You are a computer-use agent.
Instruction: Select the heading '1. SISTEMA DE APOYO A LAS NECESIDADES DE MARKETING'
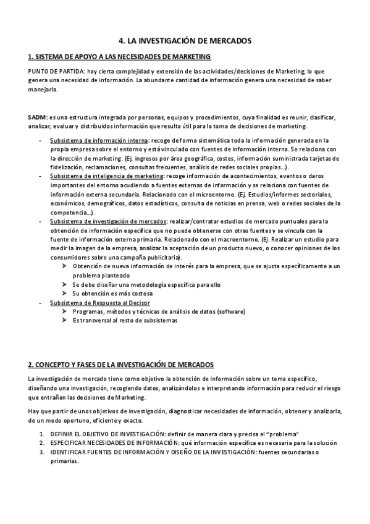coord(119,57)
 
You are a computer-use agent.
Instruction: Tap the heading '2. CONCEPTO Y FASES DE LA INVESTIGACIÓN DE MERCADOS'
coord(121,364)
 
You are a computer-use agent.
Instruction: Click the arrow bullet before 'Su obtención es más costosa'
coord(65,294)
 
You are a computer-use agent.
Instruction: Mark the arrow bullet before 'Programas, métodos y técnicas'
coord(65,312)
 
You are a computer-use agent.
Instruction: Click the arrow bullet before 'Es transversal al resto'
coord(65,321)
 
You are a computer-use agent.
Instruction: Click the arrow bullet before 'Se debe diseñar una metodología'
coord(65,285)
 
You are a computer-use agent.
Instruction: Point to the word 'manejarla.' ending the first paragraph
coord(43,90)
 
